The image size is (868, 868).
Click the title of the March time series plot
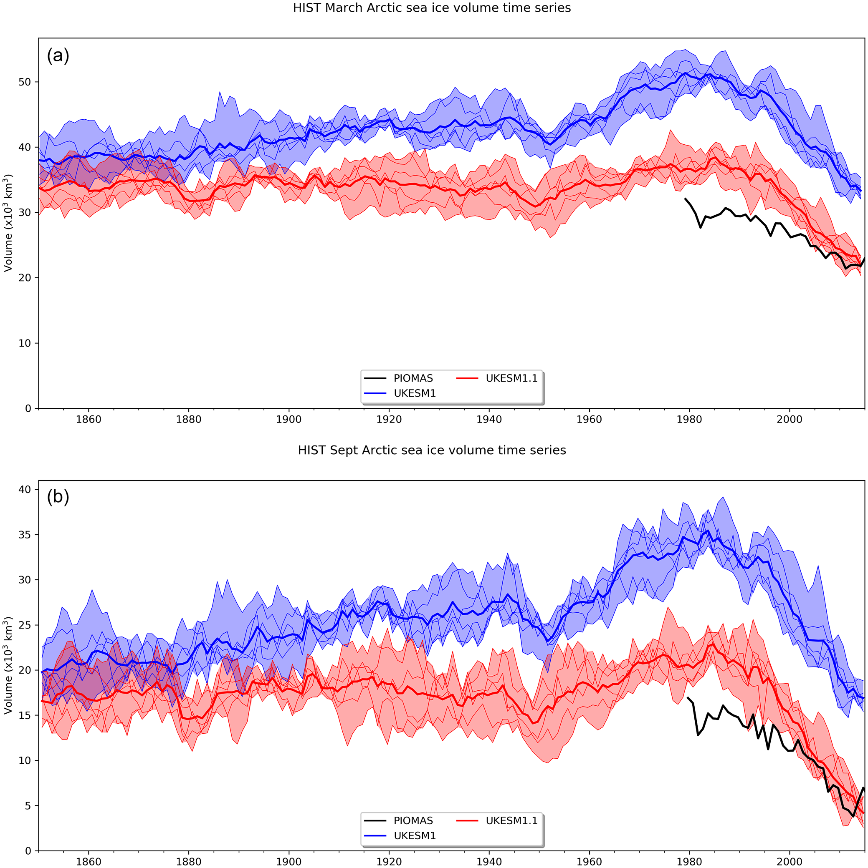[x=432, y=8]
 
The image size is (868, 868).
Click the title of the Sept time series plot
[x=432, y=450]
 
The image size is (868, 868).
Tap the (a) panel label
[x=58, y=56]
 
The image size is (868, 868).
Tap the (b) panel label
[x=58, y=497]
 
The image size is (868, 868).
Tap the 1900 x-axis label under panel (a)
[x=289, y=420]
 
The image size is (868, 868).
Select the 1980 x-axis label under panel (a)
[x=689, y=420]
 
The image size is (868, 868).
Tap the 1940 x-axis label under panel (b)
[x=489, y=862]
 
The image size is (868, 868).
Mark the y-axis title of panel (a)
[x=8, y=223]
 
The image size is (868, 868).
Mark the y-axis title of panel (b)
[x=8, y=665]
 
